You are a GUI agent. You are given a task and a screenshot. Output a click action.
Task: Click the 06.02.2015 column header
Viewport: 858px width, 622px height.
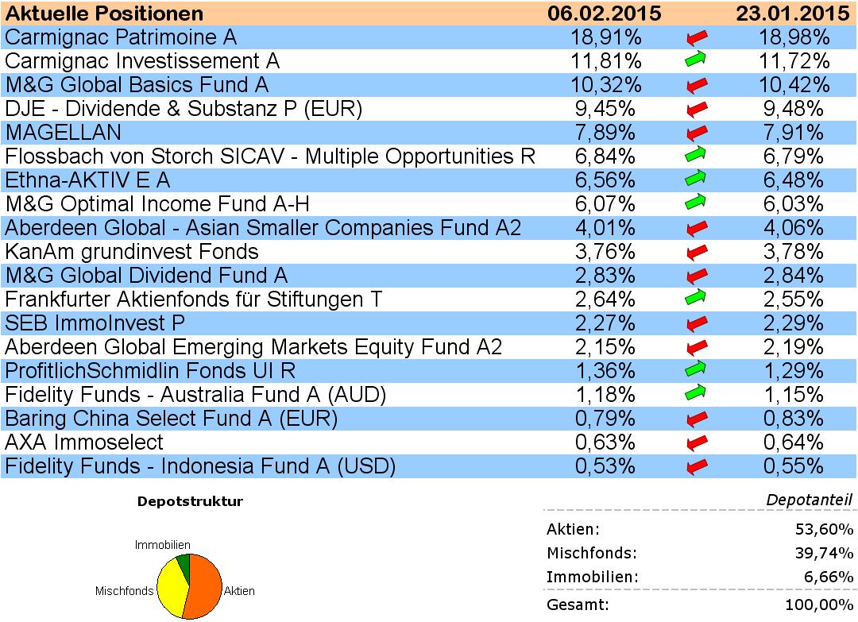[x=605, y=14]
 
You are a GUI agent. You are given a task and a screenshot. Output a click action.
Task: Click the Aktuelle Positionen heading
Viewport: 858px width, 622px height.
[x=104, y=14]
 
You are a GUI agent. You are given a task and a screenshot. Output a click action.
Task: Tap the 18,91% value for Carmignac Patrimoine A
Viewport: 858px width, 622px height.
[x=606, y=37]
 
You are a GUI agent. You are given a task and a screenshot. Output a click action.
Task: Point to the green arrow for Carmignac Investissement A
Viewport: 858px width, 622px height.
[x=696, y=60]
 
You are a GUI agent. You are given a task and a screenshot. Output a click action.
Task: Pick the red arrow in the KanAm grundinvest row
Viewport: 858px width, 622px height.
[x=696, y=253]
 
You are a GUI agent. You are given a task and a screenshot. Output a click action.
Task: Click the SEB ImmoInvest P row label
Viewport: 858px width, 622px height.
[x=95, y=323]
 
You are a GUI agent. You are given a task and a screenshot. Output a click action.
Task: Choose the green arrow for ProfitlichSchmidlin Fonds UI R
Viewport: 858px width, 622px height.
[x=696, y=370]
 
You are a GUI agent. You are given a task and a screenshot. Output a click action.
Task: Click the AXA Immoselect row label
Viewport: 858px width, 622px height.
[x=84, y=442]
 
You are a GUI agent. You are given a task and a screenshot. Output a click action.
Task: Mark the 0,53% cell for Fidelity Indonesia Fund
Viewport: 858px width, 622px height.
[x=606, y=466]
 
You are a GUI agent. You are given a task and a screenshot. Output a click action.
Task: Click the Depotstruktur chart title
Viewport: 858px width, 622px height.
[x=190, y=501]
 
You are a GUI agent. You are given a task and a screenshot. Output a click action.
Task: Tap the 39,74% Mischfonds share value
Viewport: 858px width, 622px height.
[x=826, y=554]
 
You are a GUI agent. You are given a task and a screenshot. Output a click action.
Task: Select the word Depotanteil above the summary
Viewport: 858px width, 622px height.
[x=809, y=500]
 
